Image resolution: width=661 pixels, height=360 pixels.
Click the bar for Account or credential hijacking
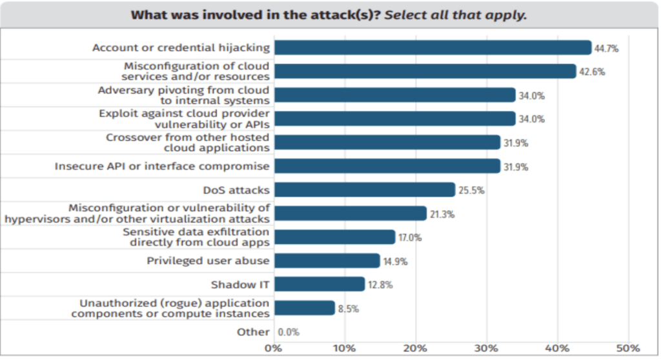click(432, 48)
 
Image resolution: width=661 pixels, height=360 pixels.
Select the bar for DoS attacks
click(364, 190)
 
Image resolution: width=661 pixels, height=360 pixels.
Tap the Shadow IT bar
click(320, 284)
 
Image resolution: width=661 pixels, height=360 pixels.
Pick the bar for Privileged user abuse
click(327, 261)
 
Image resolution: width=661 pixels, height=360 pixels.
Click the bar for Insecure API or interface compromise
click(387, 166)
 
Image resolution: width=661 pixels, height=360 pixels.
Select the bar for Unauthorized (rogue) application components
click(304, 308)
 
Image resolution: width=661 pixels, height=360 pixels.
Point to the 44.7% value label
click(607, 48)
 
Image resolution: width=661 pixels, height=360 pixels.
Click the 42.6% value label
click(591, 72)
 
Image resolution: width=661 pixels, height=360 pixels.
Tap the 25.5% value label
click(471, 190)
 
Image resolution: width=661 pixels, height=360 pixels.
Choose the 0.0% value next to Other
click(289, 332)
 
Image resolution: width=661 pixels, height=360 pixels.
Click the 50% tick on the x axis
click(627, 348)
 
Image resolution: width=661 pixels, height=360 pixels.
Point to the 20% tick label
click(415, 348)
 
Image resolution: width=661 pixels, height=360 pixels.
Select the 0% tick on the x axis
click(274, 348)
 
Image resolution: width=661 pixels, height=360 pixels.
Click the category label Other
click(252, 332)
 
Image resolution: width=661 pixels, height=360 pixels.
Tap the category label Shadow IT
click(239, 284)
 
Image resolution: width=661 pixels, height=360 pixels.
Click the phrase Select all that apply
click(456, 14)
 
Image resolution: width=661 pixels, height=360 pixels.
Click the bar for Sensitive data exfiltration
click(334, 237)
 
